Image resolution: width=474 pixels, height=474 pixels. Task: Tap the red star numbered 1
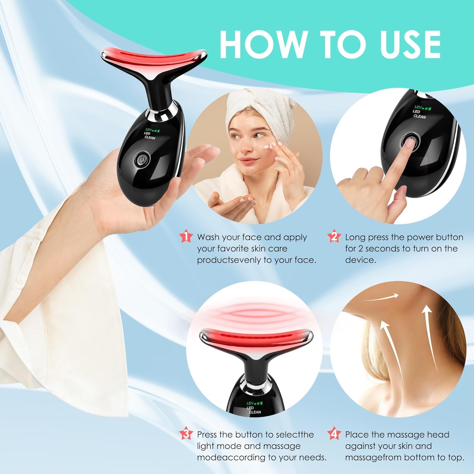coord(186,237)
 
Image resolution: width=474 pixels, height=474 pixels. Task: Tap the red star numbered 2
coord(334,237)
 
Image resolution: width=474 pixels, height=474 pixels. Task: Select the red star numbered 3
coord(186,434)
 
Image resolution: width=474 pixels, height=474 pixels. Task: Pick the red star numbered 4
coord(334,434)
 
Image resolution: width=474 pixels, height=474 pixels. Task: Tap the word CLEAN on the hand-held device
coord(150,138)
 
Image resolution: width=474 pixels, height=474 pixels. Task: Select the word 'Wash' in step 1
coord(208,237)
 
